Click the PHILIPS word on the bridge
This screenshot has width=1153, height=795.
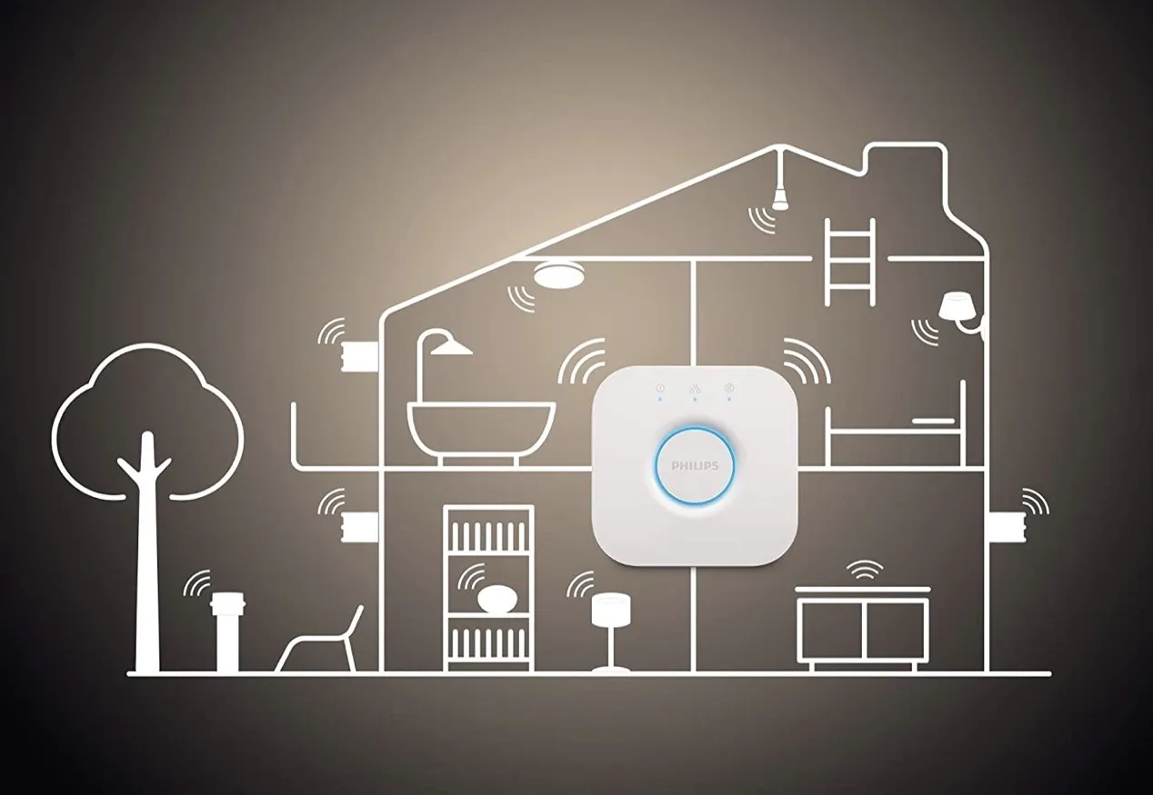click(695, 466)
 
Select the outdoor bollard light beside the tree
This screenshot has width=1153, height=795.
click(227, 631)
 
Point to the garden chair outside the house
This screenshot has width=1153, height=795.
click(319, 640)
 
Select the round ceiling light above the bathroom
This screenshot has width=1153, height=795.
click(559, 274)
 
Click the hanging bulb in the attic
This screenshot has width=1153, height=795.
click(781, 199)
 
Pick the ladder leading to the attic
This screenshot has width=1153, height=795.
click(850, 263)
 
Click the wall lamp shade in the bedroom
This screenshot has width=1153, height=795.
click(957, 305)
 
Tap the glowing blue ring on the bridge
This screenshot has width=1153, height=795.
click(694, 466)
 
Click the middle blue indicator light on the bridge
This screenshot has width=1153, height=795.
click(695, 399)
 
